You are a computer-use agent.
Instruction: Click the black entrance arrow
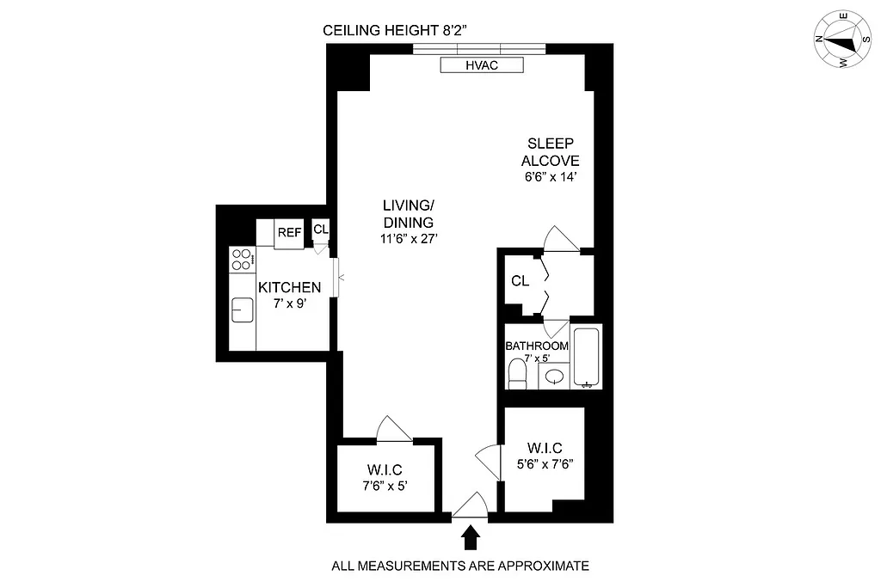coord(470,538)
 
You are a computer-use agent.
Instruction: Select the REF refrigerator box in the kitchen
coord(289,232)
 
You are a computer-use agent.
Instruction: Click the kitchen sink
coord(242,308)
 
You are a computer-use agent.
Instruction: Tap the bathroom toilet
coord(518,373)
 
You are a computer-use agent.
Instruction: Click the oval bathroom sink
coord(556,376)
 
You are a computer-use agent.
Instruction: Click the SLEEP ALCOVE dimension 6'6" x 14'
coord(550,177)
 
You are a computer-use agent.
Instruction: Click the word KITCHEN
coord(290,287)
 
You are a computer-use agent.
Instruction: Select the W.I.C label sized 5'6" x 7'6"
coord(545,462)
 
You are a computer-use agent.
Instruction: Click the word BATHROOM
coord(536,346)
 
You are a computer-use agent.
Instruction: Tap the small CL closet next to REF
coord(320,230)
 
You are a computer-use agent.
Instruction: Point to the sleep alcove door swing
coord(561,239)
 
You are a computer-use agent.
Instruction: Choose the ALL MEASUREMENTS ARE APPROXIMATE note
coord(460,566)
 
